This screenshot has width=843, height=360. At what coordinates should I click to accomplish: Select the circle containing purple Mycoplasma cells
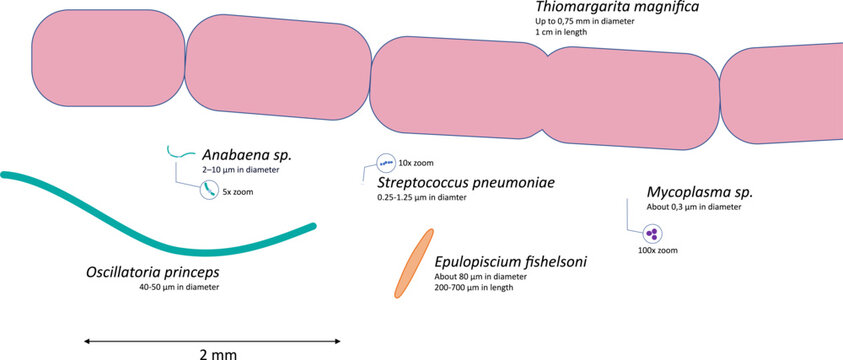click(651, 234)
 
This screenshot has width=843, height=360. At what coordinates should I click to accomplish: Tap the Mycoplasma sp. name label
click(698, 191)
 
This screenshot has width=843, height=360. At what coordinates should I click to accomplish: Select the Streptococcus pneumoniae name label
click(465, 183)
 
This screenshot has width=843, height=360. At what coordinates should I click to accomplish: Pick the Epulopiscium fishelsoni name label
click(510, 262)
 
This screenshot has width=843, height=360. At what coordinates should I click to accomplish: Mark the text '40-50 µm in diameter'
click(179, 287)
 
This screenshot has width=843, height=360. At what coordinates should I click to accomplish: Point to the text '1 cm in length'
click(561, 32)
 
